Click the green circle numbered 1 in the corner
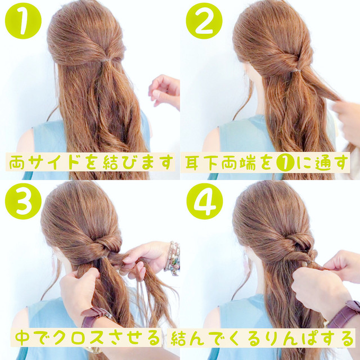pos(23,21)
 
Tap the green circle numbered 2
pos(204,21)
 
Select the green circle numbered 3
pos(23,201)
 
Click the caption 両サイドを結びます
pos(90,162)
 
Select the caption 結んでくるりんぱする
pos(262,338)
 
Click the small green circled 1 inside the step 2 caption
pos(285,163)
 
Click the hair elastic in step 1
pos(107,60)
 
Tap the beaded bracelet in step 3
pos(173,258)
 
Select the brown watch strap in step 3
pos(95,316)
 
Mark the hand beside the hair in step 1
pos(164,91)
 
